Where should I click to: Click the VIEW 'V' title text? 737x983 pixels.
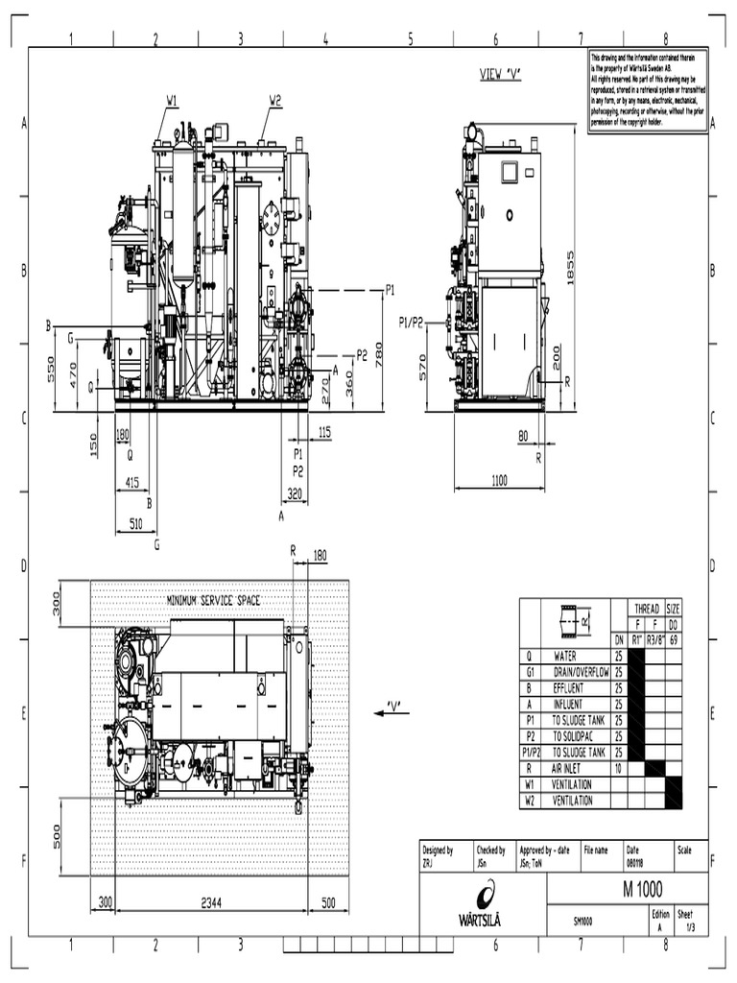coord(500,74)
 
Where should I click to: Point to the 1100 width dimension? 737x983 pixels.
coord(499,480)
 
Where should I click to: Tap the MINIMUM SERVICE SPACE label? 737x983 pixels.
coord(214,600)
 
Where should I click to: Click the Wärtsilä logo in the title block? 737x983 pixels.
coord(481,906)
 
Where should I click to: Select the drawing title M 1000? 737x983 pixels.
coord(642,888)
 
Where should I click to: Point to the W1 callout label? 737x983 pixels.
coord(172,100)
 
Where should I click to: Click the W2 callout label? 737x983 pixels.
coord(275,100)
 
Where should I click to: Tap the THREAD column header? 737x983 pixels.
coord(646,608)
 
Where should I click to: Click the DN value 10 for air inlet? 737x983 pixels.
coord(620,768)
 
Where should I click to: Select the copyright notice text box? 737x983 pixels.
coord(648,89)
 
